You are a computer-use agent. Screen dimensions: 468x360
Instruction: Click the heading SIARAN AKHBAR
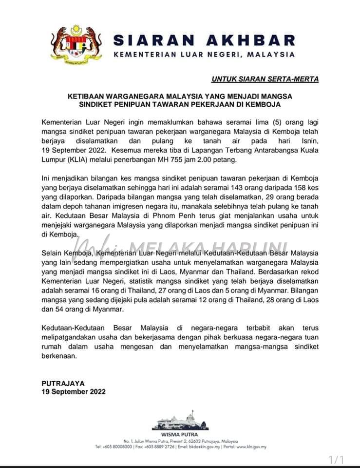tap(204, 39)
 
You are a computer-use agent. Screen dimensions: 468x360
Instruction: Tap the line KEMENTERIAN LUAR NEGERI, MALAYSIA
tap(204, 55)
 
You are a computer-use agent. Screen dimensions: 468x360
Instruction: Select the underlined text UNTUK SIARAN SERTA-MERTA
tap(265, 79)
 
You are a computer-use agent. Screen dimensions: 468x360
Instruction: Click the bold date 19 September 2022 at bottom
tap(73, 391)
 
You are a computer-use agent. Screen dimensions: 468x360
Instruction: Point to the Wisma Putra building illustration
tap(180, 422)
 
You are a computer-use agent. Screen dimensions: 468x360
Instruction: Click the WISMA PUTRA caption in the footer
tap(180, 434)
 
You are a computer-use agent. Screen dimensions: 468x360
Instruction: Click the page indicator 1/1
tap(336, 460)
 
